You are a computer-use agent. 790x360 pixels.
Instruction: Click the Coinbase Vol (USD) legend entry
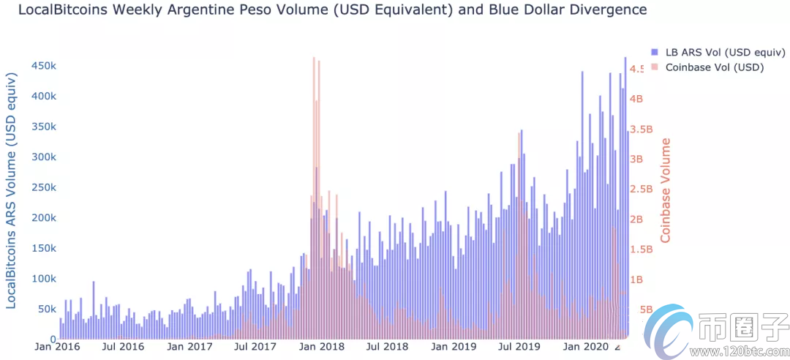712,67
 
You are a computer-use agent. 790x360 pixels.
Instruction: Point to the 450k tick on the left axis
43,66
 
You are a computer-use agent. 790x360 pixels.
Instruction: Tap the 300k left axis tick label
43,157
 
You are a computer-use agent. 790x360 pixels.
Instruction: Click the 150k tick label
43,249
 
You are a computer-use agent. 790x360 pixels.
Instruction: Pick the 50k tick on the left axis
46,310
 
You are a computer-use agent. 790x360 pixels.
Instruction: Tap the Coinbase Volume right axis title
666,190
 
